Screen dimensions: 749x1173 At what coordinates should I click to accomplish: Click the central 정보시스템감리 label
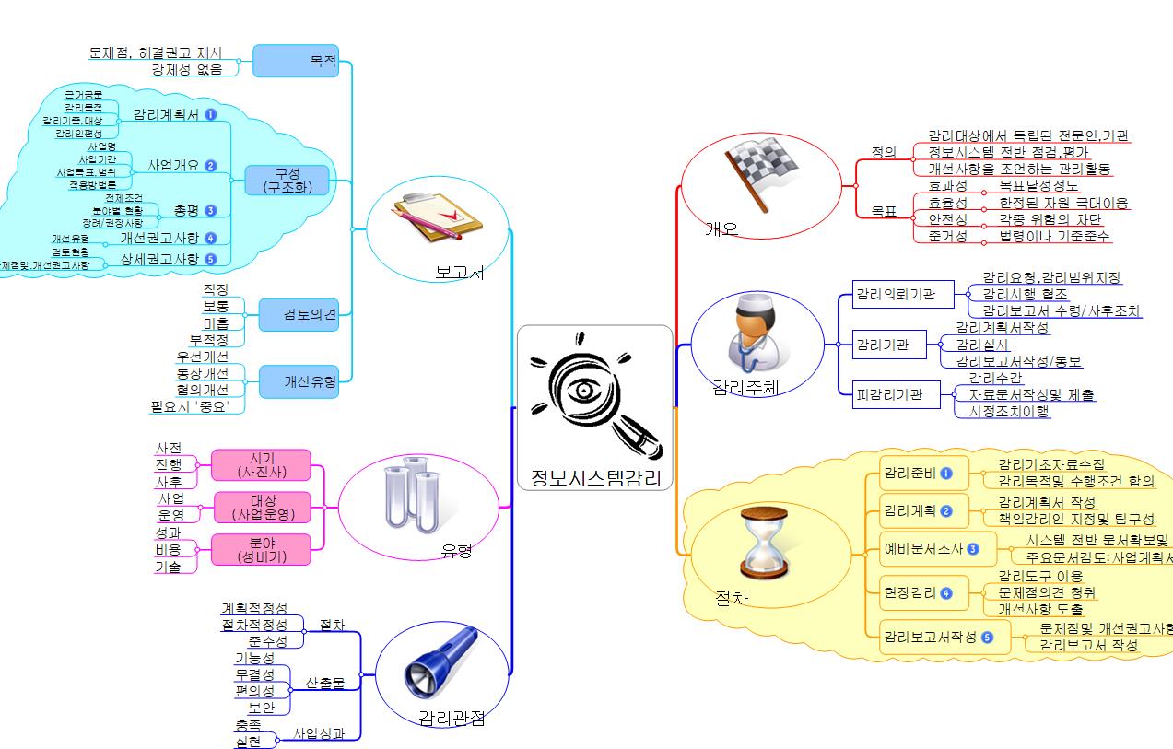tap(595, 476)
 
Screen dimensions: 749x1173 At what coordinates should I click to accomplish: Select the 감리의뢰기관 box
tap(893, 295)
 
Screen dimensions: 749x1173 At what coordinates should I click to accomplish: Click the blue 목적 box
tap(295, 62)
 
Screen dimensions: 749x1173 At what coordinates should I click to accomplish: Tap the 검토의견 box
tap(297, 315)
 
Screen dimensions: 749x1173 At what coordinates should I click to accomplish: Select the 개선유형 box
tap(297, 380)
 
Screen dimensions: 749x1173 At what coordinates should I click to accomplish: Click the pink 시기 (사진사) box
tap(261, 464)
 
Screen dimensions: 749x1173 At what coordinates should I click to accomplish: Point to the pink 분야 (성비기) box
tap(261, 549)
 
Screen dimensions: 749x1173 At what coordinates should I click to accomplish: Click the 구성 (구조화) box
tap(287, 181)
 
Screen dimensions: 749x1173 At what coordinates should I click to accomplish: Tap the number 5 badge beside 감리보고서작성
tap(988, 637)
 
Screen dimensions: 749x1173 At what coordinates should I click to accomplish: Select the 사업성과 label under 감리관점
tap(319, 734)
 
